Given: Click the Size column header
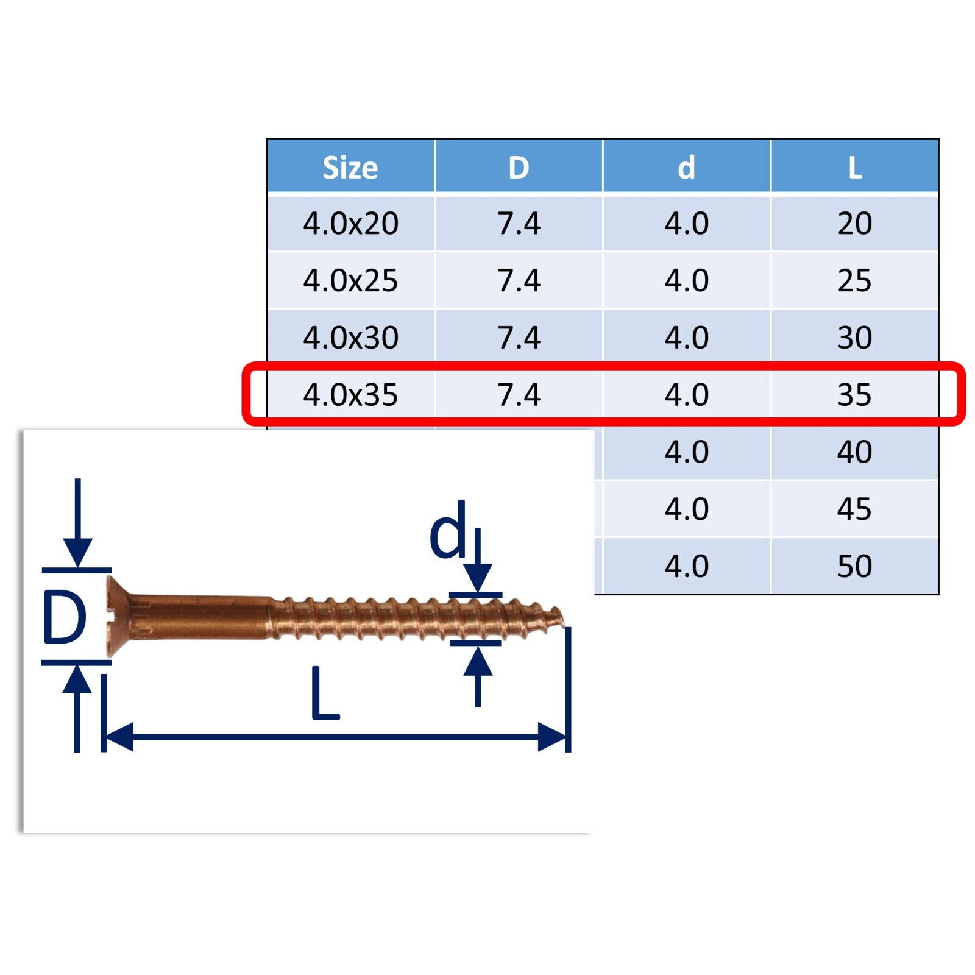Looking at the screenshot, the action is pyautogui.click(x=350, y=168).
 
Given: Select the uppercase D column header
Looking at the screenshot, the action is pyautogui.click(x=519, y=168).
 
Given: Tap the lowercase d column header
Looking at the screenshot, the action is pyautogui.click(x=687, y=167).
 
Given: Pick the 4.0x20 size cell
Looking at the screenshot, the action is pyautogui.click(x=350, y=224).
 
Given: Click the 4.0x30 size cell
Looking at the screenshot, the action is pyautogui.click(x=350, y=338).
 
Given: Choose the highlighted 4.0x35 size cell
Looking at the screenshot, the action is pyautogui.click(x=350, y=395).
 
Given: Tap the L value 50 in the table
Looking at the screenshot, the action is pyautogui.click(x=854, y=566).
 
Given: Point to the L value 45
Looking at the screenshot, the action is pyautogui.click(x=854, y=509).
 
